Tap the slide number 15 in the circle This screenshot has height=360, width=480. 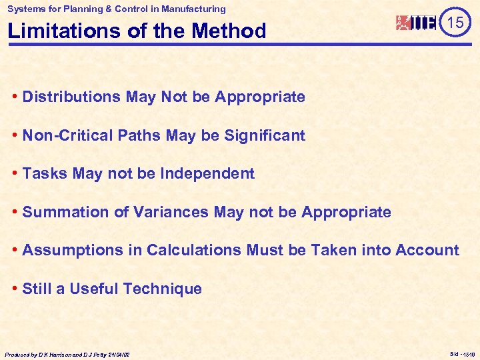[455, 23]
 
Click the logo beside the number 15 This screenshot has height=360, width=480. [417, 23]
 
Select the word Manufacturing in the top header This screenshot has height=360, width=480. [193, 9]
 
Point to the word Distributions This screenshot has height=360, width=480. [71, 97]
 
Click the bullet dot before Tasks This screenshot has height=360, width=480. [15, 174]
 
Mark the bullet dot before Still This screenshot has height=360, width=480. [15, 289]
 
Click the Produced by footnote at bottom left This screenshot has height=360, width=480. [67, 355]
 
